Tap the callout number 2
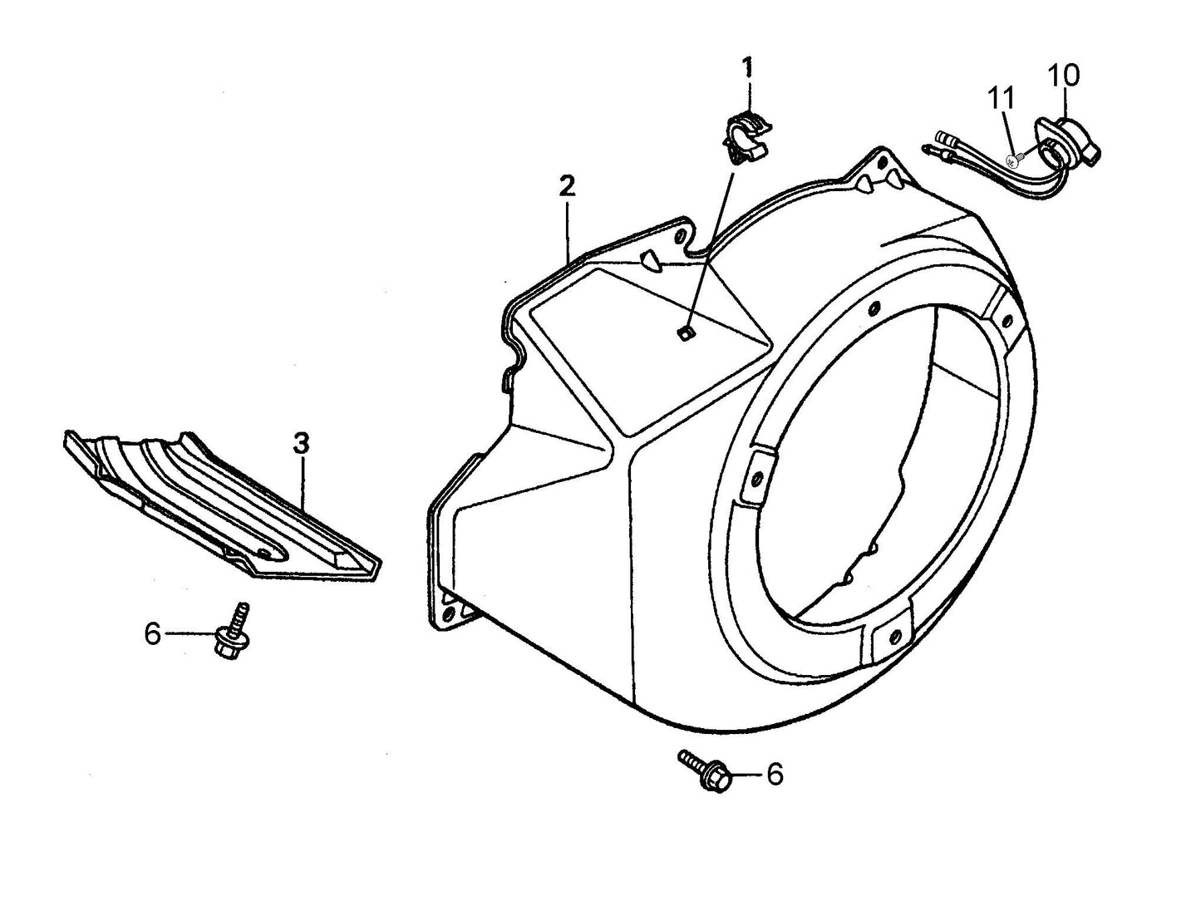point(566,185)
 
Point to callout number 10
point(1064,76)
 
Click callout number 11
point(1002,97)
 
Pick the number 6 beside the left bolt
point(152,634)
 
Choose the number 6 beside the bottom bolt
point(774,775)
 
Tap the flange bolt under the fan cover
point(706,771)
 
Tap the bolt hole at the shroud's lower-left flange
point(450,612)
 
